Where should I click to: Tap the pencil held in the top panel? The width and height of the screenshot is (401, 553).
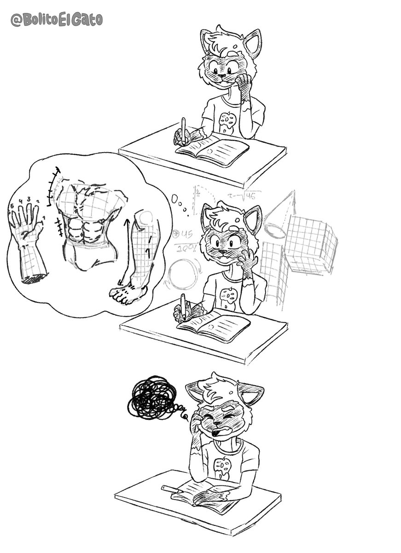(x=184, y=129)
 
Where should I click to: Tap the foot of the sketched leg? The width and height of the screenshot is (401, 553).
(x=128, y=293)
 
